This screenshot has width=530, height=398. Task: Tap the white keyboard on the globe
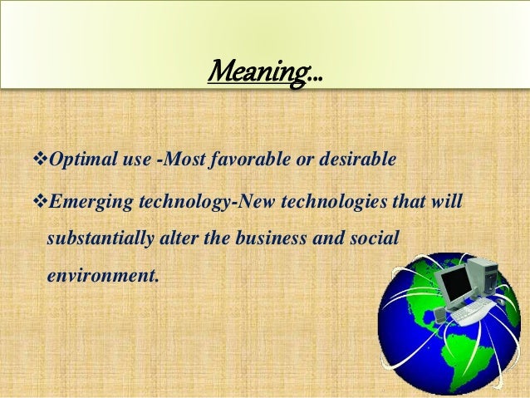point(469,312)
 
